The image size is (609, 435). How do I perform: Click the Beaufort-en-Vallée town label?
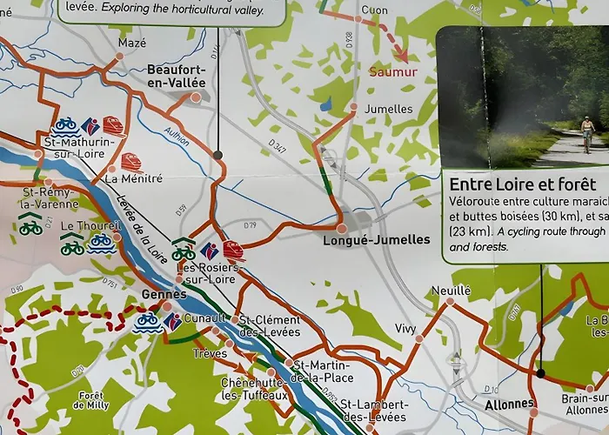tap(177, 76)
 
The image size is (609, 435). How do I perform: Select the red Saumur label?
tap(392, 72)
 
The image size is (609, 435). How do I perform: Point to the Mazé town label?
tap(132, 42)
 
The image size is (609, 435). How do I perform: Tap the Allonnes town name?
tap(509, 404)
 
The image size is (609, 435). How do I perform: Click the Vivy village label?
tap(405, 328)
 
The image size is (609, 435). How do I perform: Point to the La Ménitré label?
tap(133, 178)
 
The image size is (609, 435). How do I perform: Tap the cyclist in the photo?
tap(587, 133)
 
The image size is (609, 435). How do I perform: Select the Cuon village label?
tap(374, 10)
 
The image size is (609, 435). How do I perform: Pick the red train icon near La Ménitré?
tap(131, 161)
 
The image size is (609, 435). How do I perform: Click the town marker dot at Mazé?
tap(119, 56)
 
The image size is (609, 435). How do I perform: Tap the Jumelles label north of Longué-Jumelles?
tap(389, 109)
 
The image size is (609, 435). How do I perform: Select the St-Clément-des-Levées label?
tap(269, 325)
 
